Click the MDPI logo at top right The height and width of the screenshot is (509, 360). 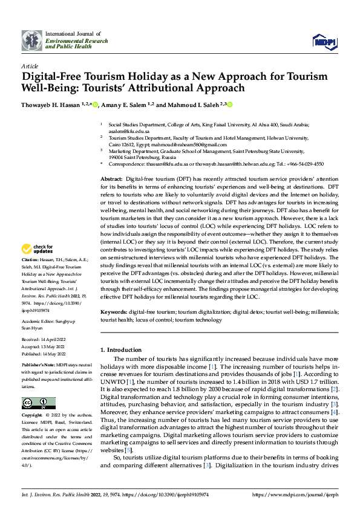coord(323,41)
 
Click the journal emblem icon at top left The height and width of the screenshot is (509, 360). coord(33,40)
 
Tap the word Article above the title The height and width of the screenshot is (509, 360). coord(29,66)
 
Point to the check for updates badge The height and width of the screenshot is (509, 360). coord(38,248)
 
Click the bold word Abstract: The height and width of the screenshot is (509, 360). coord(111,180)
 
